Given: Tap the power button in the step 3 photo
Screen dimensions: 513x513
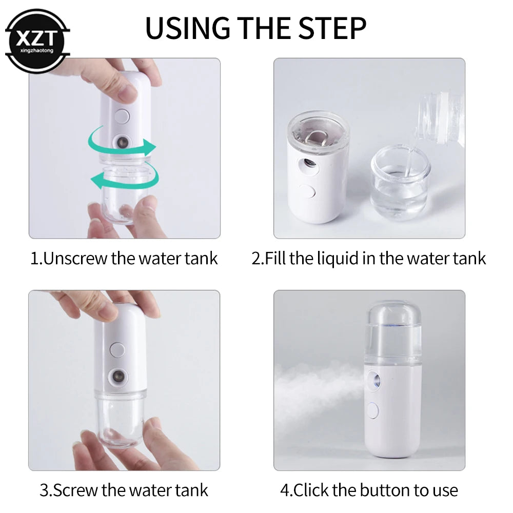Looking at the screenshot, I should [x=117, y=350].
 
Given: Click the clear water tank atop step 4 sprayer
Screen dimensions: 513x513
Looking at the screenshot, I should [x=393, y=331].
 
